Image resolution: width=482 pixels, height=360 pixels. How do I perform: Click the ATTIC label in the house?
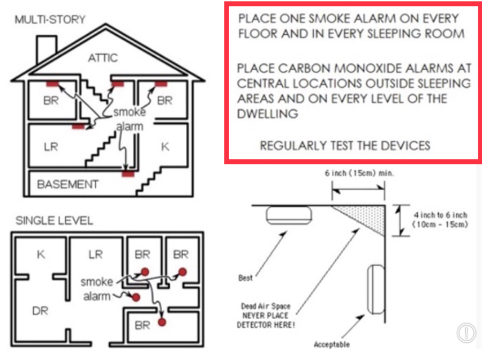(x=103, y=57)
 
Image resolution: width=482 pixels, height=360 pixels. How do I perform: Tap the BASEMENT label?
(x=67, y=184)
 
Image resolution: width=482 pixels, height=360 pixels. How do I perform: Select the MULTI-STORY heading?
(x=50, y=20)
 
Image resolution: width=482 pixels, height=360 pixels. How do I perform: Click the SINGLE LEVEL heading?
(x=54, y=221)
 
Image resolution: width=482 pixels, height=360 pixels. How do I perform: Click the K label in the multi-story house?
(x=165, y=146)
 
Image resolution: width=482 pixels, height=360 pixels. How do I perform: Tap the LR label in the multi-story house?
(x=51, y=146)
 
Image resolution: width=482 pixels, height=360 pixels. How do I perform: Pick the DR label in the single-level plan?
(x=40, y=310)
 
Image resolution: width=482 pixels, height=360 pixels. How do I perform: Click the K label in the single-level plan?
(x=41, y=254)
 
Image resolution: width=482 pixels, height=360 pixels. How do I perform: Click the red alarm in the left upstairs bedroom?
(x=52, y=84)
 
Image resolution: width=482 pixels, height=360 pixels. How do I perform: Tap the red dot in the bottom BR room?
(x=161, y=322)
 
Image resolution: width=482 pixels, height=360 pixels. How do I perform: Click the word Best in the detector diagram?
(x=245, y=278)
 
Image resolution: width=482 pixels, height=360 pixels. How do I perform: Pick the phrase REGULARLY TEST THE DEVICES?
(x=344, y=145)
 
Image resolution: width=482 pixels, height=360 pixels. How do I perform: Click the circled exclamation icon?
(x=466, y=333)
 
